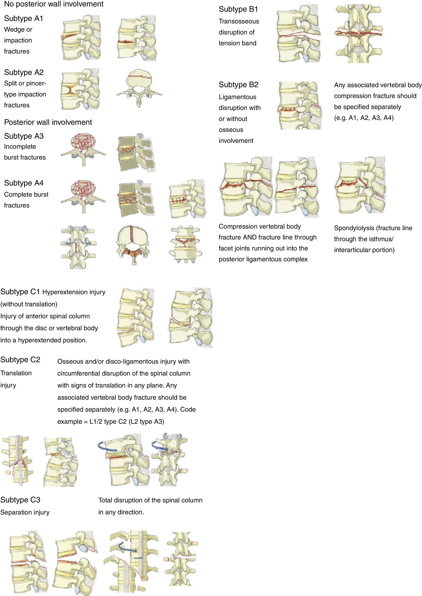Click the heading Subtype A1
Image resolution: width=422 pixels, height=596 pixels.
(23, 18)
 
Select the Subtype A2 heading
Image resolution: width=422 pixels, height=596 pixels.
(24, 73)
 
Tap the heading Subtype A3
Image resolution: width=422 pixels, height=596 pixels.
(24, 136)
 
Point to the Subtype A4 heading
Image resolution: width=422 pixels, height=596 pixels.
(24, 183)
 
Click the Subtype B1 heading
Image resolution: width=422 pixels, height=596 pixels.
(238, 9)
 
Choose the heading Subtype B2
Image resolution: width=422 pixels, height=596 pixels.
(238, 85)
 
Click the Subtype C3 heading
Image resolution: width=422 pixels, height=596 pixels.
(20, 500)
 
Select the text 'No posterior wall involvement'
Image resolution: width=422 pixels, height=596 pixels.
(54, 4)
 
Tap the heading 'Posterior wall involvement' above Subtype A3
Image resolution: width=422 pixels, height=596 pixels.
(48, 122)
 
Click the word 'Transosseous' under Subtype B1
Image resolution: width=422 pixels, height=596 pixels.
(239, 21)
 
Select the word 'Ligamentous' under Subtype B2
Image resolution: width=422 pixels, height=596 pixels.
(238, 97)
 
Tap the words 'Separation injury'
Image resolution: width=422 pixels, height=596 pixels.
(25, 512)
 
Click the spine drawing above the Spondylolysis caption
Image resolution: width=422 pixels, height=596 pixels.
(360, 186)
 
